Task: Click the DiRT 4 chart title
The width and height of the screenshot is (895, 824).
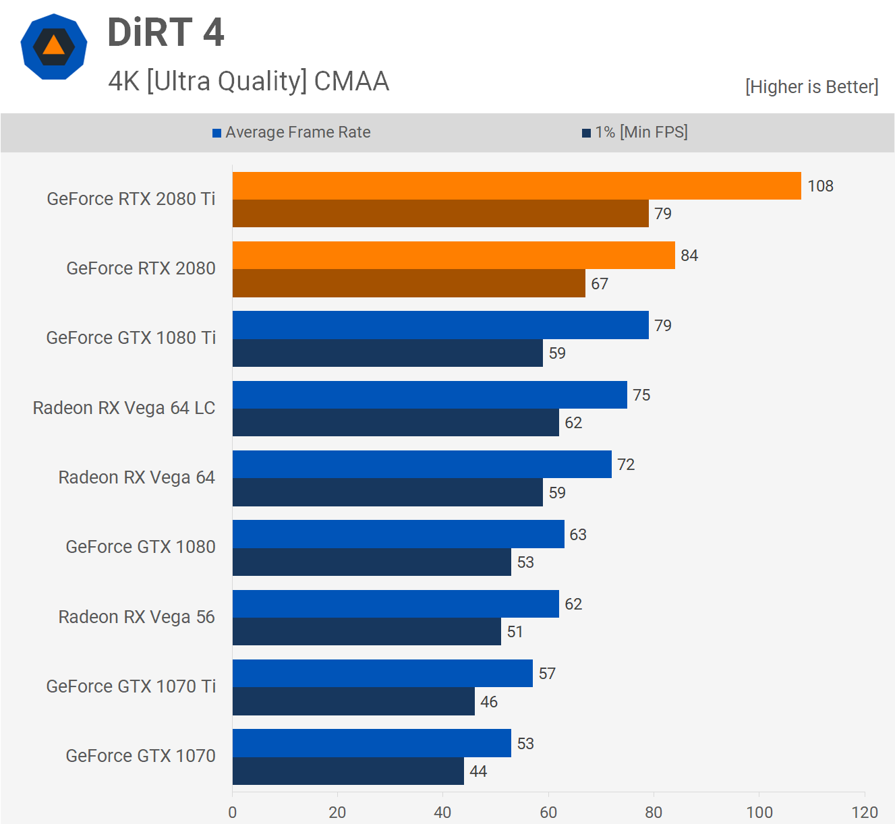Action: [x=166, y=32]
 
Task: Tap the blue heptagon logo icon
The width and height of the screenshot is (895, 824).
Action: [x=54, y=47]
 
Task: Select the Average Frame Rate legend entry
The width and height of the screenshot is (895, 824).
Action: [x=291, y=132]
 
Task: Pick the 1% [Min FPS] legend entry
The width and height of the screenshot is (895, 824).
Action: [x=635, y=132]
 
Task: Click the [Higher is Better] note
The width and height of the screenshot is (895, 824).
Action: [x=811, y=87]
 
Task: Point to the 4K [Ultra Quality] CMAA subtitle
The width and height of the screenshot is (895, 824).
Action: [x=248, y=81]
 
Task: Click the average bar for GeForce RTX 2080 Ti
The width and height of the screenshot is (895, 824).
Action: [x=517, y=186]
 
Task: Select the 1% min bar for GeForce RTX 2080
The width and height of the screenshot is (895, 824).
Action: [x=409, y=283]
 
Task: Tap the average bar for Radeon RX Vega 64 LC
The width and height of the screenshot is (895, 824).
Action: [x=430, y=394]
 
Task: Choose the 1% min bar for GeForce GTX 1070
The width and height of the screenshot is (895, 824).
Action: [x=348, y=771]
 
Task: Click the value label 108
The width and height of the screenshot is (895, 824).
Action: [x=820, y=186]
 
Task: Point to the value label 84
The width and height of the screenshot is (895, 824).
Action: [x=689, y=256]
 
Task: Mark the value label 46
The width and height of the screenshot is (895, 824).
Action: [x=489, y=702]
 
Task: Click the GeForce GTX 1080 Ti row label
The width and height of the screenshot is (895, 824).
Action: [x=131, y=338]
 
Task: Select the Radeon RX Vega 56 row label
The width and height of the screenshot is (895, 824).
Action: [x=136, y=617]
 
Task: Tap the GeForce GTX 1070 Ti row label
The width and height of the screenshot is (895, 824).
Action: [x=131, y=686]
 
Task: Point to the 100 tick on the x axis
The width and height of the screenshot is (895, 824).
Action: [x=759, y=812]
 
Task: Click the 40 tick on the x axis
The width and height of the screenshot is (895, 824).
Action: [x=442, y=812]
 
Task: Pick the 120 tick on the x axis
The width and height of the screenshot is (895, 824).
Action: [x=865, y=812]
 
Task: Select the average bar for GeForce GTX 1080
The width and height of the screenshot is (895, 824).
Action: [x=398, y=534]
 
